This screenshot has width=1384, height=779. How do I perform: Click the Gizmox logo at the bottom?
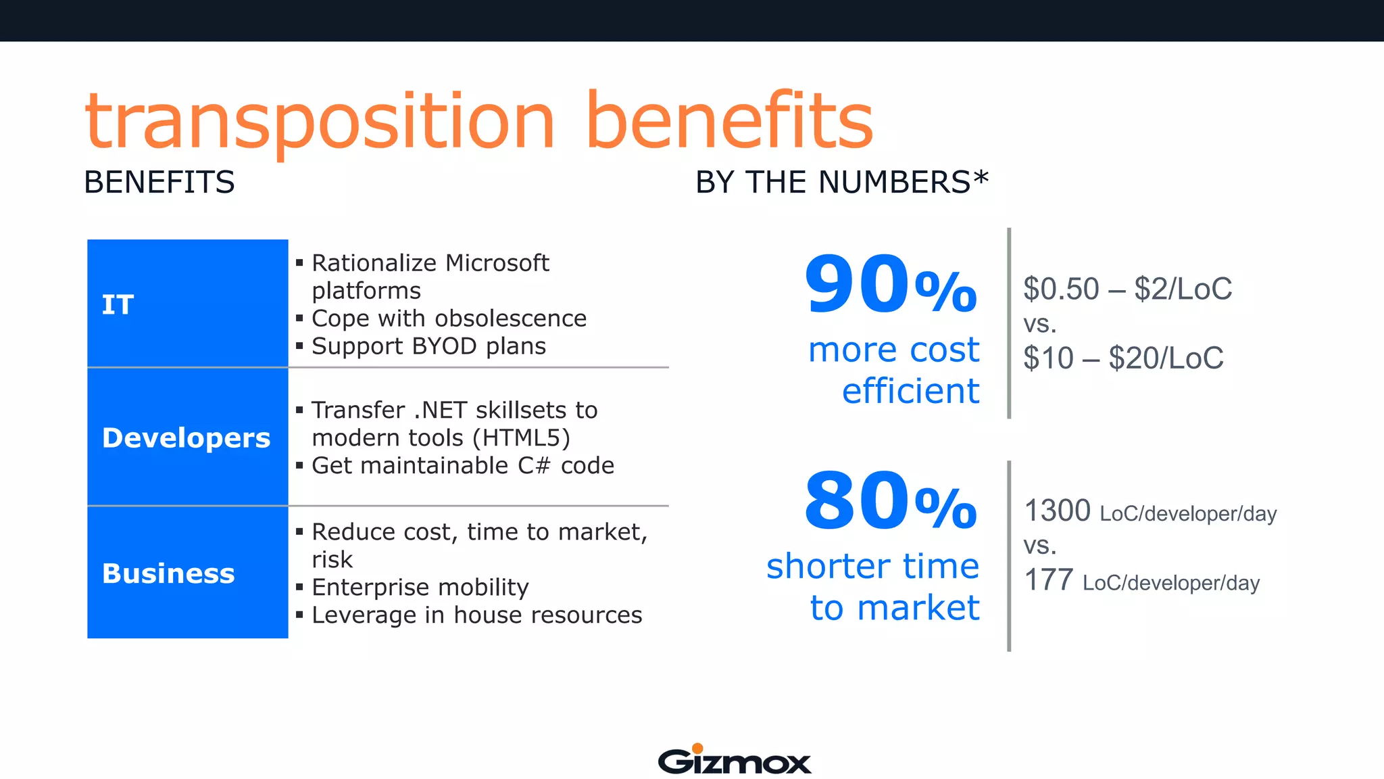click(x=735, y=760)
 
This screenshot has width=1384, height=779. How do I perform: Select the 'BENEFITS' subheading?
click(x=159, y=183)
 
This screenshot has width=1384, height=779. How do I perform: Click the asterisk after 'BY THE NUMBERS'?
click(x=981, y=179)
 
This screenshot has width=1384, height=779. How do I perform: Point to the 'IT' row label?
click(x=118, y=305)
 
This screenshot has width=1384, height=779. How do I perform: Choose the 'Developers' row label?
click(x=186, y=438)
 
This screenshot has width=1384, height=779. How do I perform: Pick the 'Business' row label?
click(x=168, y=573)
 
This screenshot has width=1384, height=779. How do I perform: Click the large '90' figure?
click(x=856, y=284)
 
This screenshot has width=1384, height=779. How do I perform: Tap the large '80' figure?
click(x=856, y=501)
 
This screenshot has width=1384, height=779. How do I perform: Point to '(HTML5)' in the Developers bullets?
click(x=521, y=438)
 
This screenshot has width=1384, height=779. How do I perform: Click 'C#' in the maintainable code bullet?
click(x=534, y=466)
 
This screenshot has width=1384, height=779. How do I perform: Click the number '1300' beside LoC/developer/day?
click(x=1058, y=511)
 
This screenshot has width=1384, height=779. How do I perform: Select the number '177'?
click(x=1049, y=580)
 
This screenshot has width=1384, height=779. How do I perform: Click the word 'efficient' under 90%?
click(x=910, y=392)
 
